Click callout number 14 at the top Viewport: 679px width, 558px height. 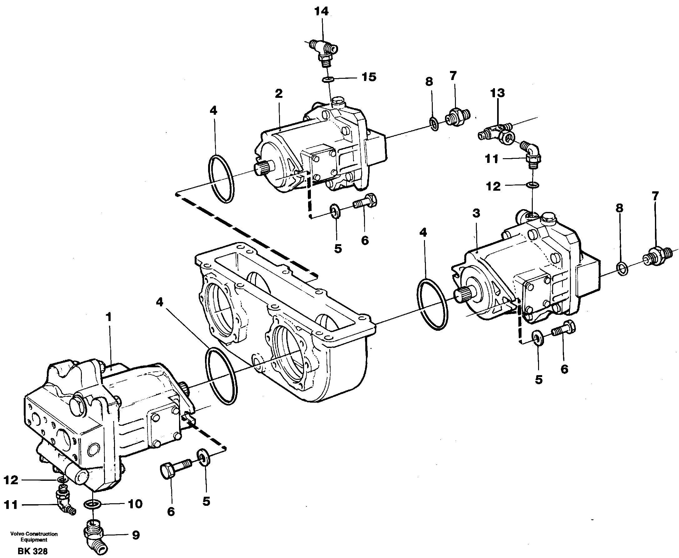[321, 12]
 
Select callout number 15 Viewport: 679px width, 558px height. [369, 78]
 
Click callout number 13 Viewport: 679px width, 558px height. [497, 93]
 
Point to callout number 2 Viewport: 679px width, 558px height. [279, 93]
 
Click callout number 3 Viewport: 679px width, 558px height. [476, 213]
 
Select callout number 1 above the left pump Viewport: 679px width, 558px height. [109, 317]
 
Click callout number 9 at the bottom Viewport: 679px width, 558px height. [136, 535]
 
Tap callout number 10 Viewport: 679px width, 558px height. [135, 504]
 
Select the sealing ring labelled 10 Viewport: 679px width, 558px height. [92, 504]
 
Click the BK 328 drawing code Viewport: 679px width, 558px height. [32, 551]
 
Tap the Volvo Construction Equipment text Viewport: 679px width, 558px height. [34, 537]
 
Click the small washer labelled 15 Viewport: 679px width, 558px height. [328, 79]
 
